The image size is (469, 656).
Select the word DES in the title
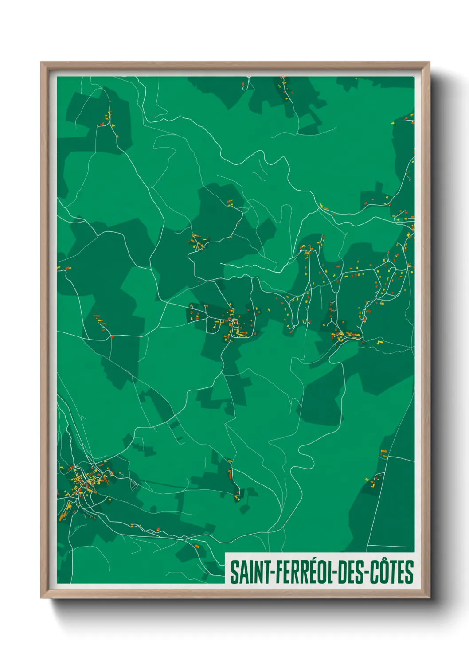(350, 572)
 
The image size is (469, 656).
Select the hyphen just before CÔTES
(366, 573)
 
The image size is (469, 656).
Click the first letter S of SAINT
(234, 572)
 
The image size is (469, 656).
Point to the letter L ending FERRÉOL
(332, 572)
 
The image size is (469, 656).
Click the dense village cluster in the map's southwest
(86, 481)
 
